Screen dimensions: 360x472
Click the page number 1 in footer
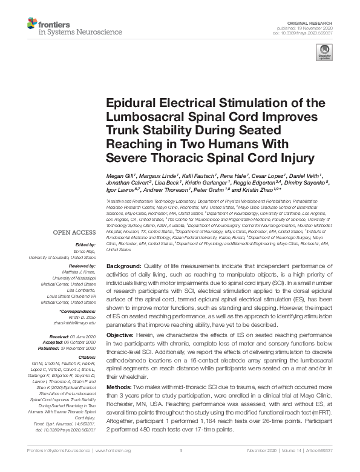point(180,467)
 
